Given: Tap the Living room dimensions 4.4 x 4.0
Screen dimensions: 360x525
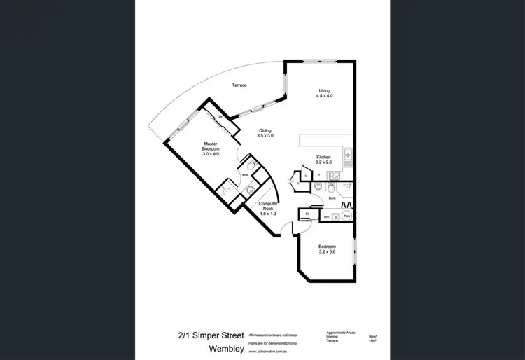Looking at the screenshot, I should pyautogui.click(x=324, y=95).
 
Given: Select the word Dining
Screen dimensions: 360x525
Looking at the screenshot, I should pyautogui.click(x=265, y=130).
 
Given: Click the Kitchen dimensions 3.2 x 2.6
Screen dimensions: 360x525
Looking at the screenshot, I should pyautogui.click(x=323, y=162).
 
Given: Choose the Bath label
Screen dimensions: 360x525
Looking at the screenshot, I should pyautogui.click(x=332, y=199).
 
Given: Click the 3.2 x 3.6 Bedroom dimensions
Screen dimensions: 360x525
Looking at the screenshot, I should pyautogui.click(x=327, y=251).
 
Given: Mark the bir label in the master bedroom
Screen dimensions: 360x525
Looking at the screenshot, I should pyautogui.click(x=220, y=116).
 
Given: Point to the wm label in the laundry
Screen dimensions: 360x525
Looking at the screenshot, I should pyautogui.click(x=325, y=217).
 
